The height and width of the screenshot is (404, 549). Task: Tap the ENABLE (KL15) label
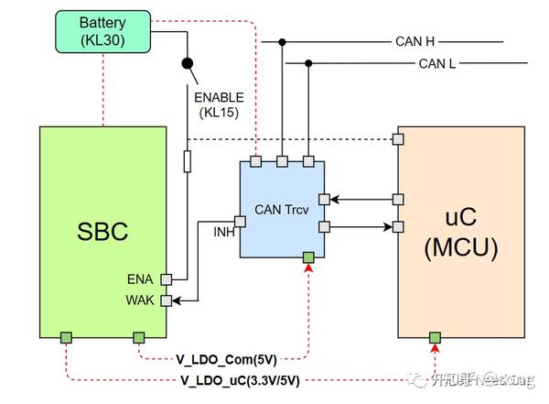pyautogui.click(x=219, y=104)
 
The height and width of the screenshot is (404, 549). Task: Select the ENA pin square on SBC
pyautogui.click(x=167, y=279)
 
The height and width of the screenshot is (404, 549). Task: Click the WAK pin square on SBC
pyautogui.click(x=167, y=300)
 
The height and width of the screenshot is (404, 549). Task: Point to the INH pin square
pyautogui.click(x=240, y=221)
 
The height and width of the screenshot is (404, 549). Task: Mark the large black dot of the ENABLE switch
pyautogui.click(x=188, y=63)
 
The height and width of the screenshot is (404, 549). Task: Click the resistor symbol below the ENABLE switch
pyautogui.click(x=188, y=161)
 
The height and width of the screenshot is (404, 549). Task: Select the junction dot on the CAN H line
pyautogui.click(x=283, y=41)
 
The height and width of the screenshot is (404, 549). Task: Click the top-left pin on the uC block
pyautogui.click(x=398, y=138)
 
